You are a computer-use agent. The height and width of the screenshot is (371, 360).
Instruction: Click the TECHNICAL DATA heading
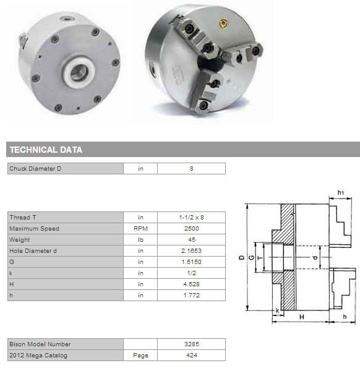pos(46,150)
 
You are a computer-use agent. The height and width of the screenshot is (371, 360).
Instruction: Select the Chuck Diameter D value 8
pos(192,169)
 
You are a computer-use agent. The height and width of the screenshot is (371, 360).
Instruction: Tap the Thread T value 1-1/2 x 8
pos(191,218)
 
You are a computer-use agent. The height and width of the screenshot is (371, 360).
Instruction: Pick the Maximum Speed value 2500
pos(192,229)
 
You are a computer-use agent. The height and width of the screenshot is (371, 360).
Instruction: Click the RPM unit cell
pos(140,229)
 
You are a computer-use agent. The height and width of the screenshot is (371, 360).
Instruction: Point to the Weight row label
pos(20,240)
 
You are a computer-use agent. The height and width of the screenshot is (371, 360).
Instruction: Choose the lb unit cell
pos(140,240)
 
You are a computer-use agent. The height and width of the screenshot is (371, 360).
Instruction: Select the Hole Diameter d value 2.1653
pos(191,251)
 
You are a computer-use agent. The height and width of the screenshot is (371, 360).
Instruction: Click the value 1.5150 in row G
pos(191,262)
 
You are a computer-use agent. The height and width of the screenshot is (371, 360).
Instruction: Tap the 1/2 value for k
pos(192,273)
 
